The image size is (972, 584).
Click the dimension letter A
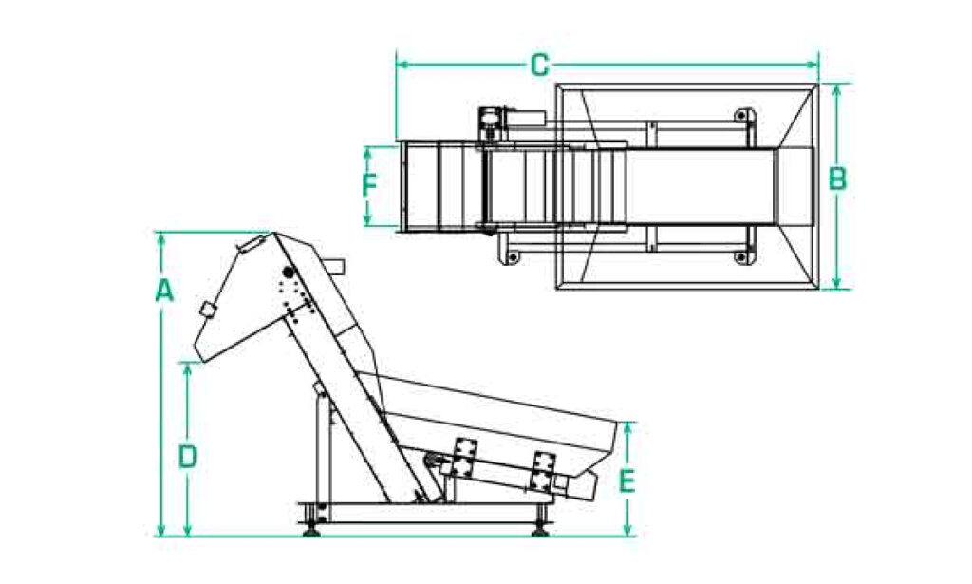pos(164,291)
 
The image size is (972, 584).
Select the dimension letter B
pos(837,179)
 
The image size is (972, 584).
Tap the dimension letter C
pos(539,65)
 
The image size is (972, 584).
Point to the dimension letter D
pos(188,457)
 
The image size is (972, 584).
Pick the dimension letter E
pos(626,481)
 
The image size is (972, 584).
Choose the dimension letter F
pos(370,184)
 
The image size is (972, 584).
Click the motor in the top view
pos(492,118)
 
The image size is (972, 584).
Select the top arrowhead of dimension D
pos(188,367)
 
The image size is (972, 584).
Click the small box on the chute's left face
pos(206,311)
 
